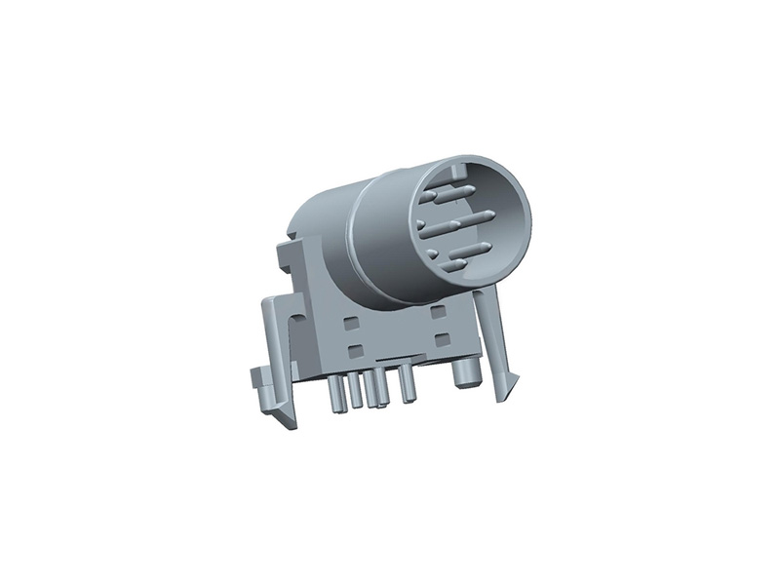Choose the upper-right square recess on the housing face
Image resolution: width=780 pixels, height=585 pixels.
pos(438,310)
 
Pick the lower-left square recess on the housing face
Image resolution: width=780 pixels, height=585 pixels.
pos(355,348)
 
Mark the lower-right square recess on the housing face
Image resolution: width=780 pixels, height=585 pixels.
pos(441,339)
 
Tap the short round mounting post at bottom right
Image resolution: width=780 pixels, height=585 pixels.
pos(464,375)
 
